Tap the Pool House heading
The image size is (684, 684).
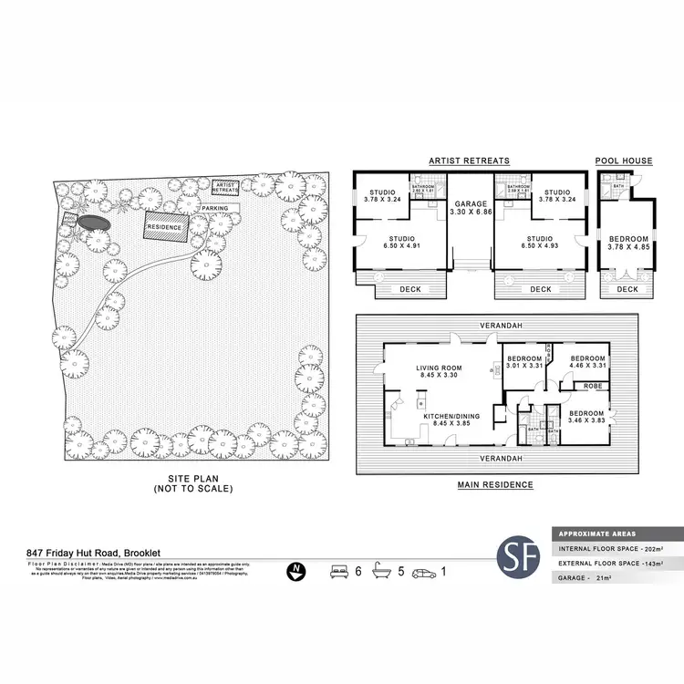624,161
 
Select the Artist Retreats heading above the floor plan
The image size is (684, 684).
469,161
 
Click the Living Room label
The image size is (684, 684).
435,369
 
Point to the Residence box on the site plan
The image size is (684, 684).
165,227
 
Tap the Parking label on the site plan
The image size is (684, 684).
215,209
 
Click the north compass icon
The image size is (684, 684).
295,572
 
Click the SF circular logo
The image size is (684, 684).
517,558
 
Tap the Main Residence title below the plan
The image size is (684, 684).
495,485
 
